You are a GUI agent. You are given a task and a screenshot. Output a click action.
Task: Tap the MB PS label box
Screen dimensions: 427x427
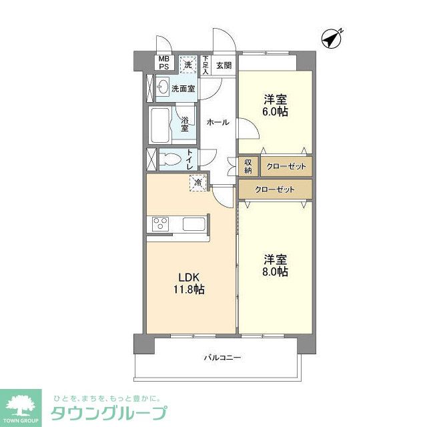click(163, 63)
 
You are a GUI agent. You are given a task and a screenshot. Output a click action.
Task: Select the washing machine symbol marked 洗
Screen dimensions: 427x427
click(189, 64)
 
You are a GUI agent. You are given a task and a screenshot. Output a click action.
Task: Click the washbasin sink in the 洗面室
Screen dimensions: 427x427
click(162, 87)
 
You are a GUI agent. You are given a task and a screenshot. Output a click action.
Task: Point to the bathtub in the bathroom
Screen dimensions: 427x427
click(161, 125)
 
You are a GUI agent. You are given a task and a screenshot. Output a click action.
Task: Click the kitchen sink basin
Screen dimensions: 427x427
click(195, 224)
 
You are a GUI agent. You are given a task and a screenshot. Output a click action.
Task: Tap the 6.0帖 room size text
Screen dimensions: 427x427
click(275, 111)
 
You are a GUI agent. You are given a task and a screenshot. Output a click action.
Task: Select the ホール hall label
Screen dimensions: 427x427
click(218, 123)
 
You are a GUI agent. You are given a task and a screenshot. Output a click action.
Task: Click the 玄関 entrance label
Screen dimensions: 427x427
click(224, 65)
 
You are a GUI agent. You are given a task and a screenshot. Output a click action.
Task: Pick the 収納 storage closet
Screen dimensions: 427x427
click(248, 166)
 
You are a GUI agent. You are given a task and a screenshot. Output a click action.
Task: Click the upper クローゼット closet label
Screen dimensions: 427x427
click(285, 166)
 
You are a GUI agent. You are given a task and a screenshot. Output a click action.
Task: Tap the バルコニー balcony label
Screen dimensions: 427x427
click(222, 358)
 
